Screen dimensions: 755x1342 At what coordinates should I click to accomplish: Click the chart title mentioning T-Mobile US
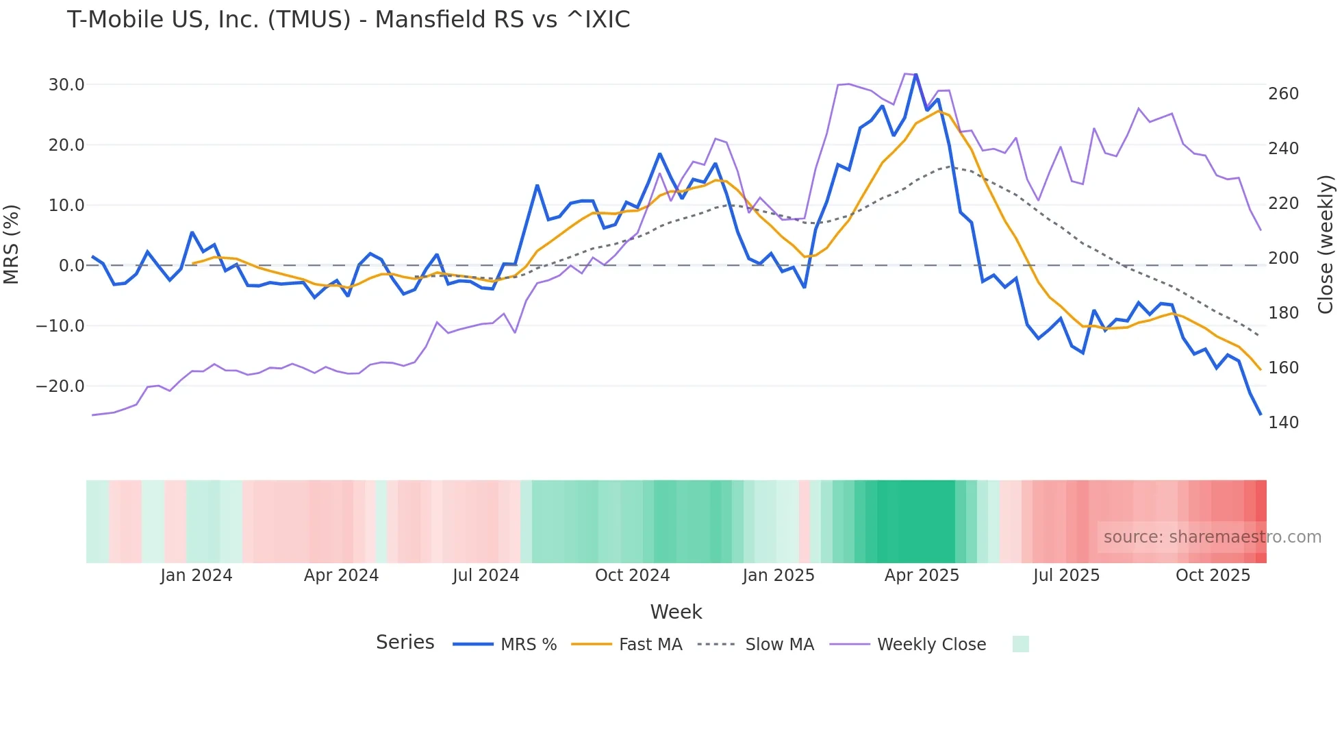click(x=348, y=20)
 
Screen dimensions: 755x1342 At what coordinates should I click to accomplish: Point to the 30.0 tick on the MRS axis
click(x=66, y=85)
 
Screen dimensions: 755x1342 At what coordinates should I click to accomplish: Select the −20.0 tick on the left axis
click(x=60, y=386)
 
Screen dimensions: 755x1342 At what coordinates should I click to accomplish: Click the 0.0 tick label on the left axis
click(x=71, y=266)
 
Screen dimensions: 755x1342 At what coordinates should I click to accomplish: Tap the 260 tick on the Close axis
click(x=1283, y=94)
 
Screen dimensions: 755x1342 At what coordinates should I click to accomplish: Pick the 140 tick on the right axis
click(x=1283, y=423)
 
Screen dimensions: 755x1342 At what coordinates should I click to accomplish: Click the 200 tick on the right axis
click(x=1283, y=258)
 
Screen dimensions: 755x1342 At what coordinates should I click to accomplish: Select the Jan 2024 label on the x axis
click(x=197, y=575)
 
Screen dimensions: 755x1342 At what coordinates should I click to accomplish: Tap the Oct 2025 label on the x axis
click(x=1213, y=575)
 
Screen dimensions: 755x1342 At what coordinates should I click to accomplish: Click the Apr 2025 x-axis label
click(x=922, y=575)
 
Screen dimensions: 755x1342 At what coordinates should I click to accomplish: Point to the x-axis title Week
click(x=676, y=612)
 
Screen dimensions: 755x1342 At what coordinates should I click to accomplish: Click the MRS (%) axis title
click(x=12, y=244)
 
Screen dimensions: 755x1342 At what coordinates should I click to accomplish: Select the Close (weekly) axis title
click(x=1326, y=244)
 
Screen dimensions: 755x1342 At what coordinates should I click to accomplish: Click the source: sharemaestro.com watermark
click(x=1212, y=537)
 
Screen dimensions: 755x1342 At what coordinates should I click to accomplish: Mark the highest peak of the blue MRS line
click(x=915, y=74)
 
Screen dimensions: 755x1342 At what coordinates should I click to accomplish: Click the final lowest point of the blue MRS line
click(x=1261, y=414)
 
